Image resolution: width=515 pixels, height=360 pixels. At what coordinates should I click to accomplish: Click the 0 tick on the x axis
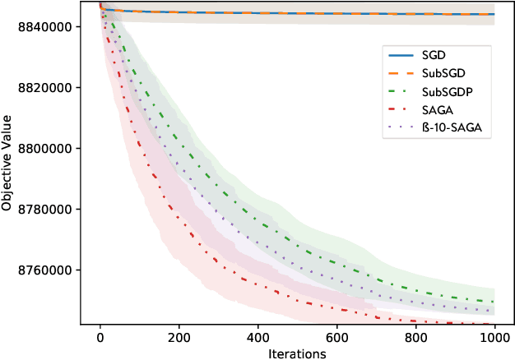tap(100, 336)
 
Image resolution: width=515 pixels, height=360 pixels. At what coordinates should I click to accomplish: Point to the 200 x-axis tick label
tap(179, 336)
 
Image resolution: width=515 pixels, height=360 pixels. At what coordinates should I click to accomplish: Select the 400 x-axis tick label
tap(257, 336)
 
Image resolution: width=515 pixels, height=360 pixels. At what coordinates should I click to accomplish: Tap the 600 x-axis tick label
tap(336, 336)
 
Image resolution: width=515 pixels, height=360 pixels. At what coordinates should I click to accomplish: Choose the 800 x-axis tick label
tap(415, 336)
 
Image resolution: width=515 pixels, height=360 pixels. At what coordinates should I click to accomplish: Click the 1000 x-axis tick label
tap(494, 336)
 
